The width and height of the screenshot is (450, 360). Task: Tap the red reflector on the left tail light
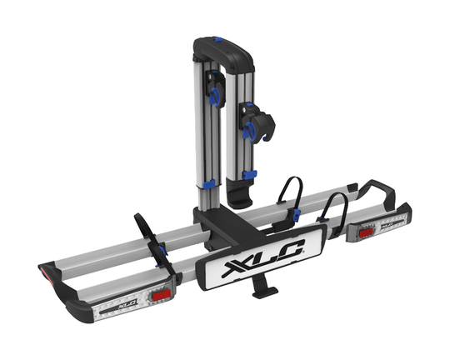point(162,295)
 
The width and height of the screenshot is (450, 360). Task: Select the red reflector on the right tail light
point(366,233)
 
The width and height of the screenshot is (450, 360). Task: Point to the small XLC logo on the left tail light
point(127,304)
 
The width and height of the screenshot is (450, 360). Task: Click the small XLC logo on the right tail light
point(387,222)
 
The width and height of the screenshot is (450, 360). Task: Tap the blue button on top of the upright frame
point(218,39)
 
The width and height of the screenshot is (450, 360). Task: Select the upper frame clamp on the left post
point(216,89)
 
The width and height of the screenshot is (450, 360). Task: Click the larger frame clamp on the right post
point(257,122)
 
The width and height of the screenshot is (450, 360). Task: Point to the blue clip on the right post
point(249,174)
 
